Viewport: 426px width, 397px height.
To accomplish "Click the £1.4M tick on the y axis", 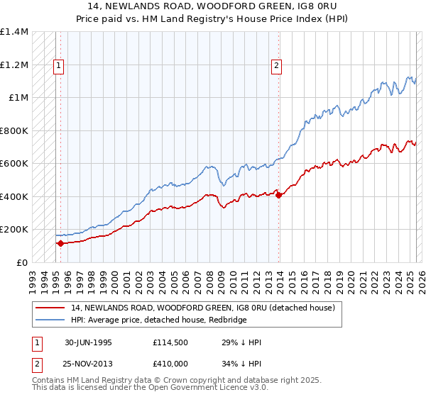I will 14,32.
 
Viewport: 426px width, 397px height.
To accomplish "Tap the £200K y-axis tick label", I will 14,230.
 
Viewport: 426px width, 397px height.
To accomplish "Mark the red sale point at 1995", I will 60,243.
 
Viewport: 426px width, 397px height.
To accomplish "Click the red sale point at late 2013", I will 278,195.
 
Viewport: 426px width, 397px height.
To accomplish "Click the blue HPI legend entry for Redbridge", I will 158,319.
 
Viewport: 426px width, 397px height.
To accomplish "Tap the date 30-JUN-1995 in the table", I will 88,342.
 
